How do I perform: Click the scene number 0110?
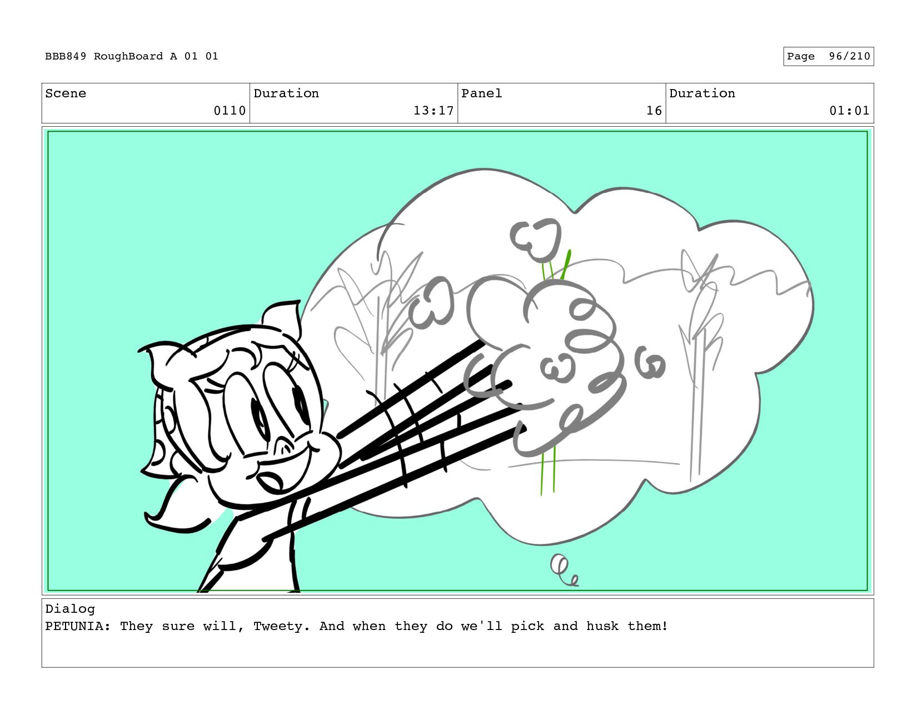pos(230,111)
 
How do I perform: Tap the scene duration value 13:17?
pos(433,111)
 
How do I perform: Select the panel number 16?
pos(654,111)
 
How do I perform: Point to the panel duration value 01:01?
pos(850,111)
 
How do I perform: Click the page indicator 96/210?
pos(850,56)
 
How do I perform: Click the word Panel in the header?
pos(481,93)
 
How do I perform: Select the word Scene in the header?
pos(66,93)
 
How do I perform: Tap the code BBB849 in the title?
pos(66,56)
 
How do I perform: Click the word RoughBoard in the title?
pos(128,57)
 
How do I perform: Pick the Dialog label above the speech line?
pos(70,609)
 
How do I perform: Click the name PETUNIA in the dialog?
pos(74,626)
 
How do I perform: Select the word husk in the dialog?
pos(602,626)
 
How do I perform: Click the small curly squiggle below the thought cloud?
pos(564,570)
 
